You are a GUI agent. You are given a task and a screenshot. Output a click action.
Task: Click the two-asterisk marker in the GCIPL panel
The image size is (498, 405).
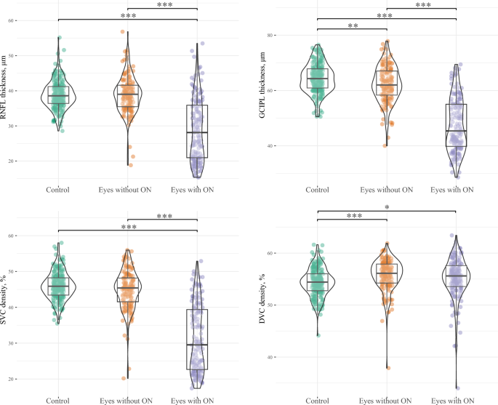pos(352,25)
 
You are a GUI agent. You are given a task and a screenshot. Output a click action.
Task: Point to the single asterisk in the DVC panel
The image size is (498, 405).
pos(386,208)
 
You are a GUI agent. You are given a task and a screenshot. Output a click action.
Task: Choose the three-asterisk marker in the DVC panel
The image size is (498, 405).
pos(352,216)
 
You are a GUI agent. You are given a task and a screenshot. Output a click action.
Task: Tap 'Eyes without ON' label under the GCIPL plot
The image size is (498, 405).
pos(387,190)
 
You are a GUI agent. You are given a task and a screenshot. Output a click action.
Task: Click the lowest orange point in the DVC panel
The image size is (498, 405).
pos(387,368)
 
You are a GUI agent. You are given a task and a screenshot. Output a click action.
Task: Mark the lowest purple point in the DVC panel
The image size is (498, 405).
pos(457,388)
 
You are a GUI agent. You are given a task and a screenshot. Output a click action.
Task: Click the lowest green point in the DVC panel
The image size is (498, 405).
pos(317,335)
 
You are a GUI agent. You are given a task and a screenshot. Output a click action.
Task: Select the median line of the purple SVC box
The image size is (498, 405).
pos(197,345)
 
